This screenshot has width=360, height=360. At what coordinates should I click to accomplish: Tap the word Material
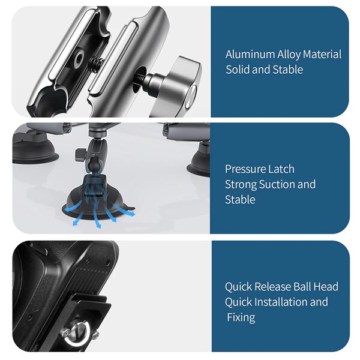pyautogui.click(x=322, y=55)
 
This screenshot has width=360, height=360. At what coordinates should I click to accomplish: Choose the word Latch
pyautogui.click(x=281, y=169)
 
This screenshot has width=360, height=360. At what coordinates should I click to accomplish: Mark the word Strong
pyautogui.click(x=241, y=184)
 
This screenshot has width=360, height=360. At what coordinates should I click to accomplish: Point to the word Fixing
pyautogui.click(x=241, y=317)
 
